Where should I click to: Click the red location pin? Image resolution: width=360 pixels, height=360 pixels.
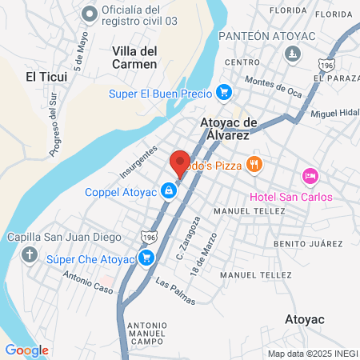tap(180, 163)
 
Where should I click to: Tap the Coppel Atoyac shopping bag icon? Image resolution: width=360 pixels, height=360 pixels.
tap(169, 190)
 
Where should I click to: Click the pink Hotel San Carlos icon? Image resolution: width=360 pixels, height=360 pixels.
tap(310, 175)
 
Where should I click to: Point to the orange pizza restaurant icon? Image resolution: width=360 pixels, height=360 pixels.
tap(254, 164)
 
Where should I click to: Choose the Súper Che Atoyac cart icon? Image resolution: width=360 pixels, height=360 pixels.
tap(146, 258)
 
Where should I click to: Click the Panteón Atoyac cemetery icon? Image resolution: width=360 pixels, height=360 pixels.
tap(293, 54)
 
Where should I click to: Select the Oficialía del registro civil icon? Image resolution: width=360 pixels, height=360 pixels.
tap(88, 14)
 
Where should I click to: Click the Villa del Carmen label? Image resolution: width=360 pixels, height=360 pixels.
tap(134, 57)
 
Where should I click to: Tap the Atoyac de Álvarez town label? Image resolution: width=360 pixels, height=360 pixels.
tap(228, 129)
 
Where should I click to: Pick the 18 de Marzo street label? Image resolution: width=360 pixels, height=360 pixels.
tap(210, 258)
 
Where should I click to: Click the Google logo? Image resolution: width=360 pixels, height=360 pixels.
tap(26, 350)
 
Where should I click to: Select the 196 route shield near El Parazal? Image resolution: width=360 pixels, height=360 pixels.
tap(326, 64)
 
